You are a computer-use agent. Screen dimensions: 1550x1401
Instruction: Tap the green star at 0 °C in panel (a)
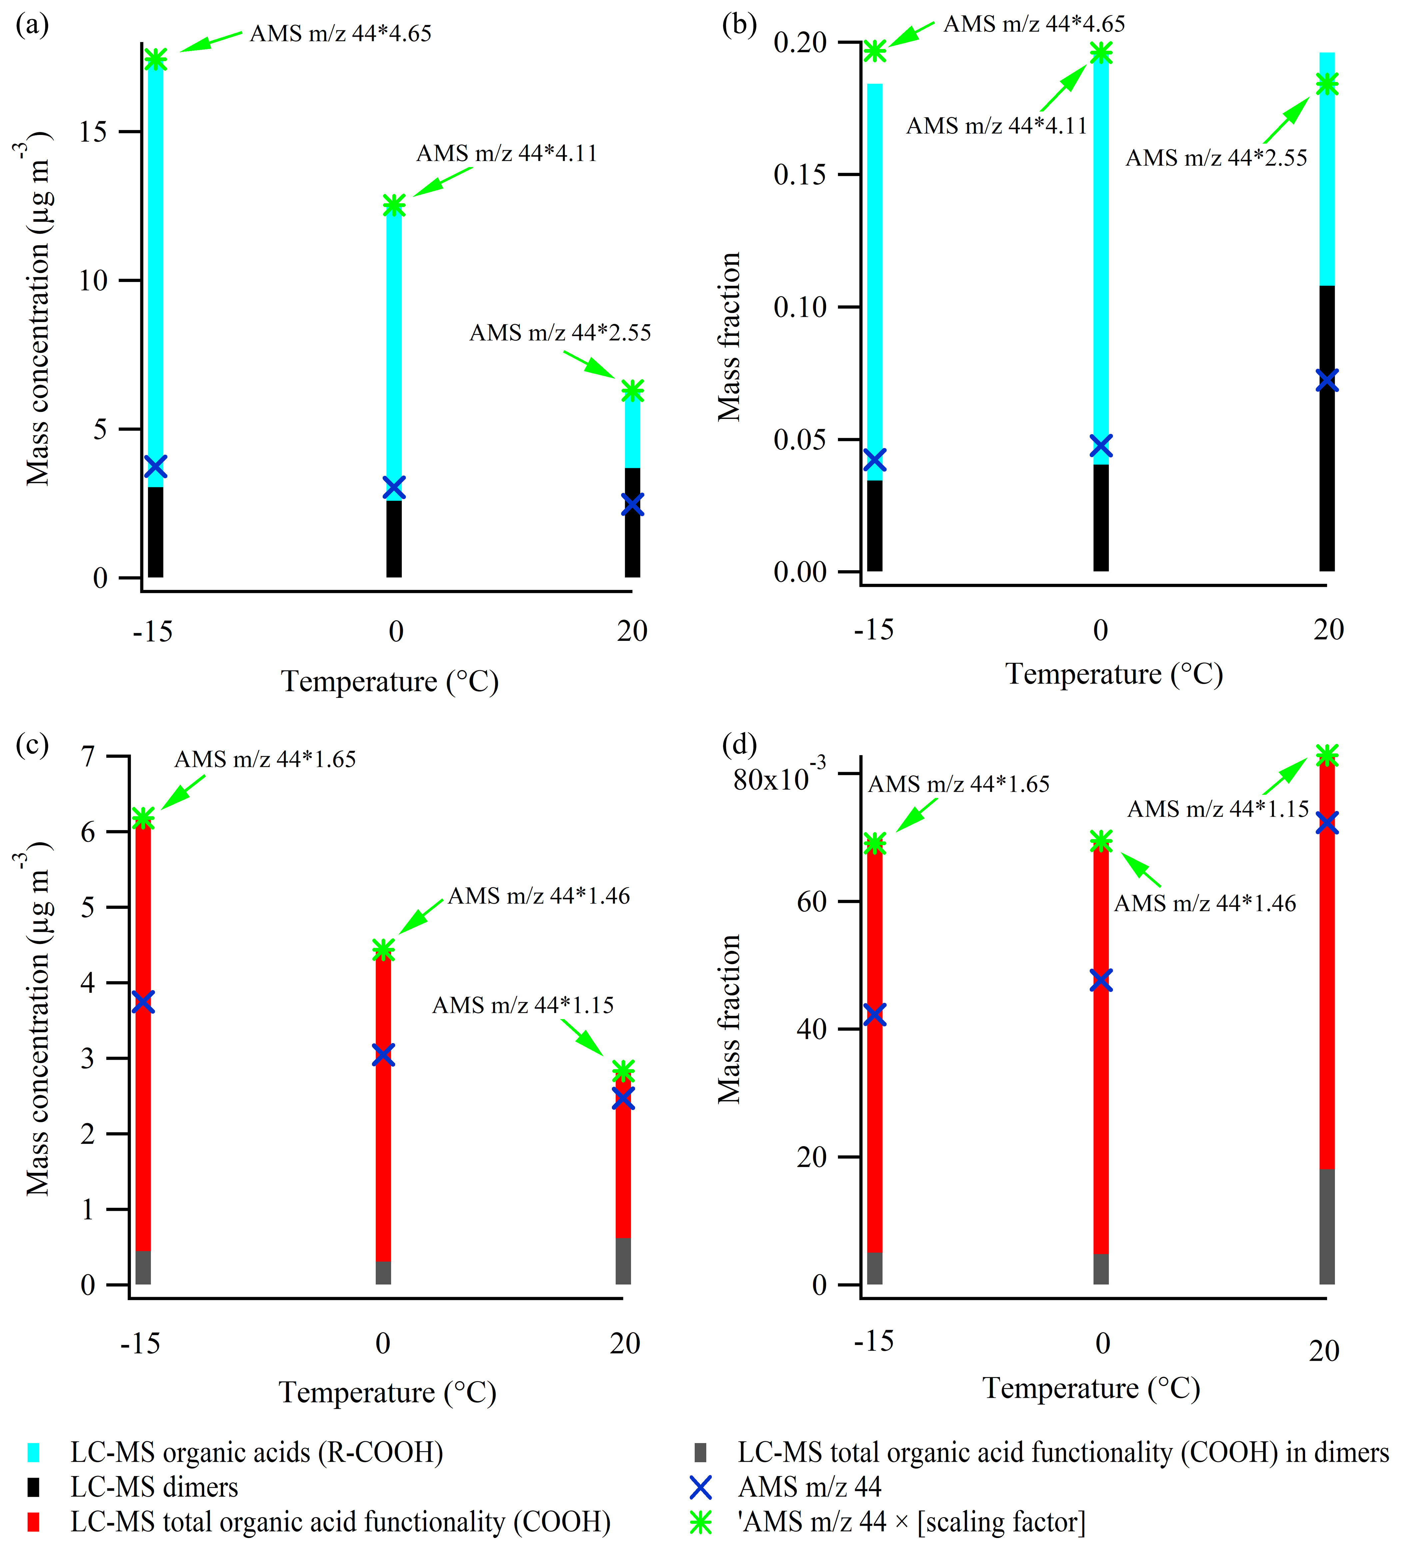(x=393, y=205)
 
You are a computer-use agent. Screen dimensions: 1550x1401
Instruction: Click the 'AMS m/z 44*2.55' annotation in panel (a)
(x=560, y=333)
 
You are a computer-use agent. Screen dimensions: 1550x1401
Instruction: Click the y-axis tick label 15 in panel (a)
(x=93, y=132)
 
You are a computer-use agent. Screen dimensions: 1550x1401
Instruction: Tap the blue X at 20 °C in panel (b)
(x=1326, y=381)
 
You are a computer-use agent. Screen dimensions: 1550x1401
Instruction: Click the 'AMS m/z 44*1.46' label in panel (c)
(x=539, y=896)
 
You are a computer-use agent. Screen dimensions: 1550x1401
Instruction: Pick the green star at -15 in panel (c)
(x=143, y=818)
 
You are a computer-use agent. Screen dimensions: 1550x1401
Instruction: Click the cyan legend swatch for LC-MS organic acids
(x=34, y=1452)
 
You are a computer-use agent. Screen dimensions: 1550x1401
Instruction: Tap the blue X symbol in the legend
(x=700, y=1488)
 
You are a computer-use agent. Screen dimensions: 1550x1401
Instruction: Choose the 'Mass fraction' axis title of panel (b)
(x=729, y=337)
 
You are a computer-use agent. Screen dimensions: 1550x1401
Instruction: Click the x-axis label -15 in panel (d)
(x=874, y=1342)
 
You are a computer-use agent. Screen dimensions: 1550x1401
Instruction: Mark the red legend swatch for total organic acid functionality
(x=34, y=1522)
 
